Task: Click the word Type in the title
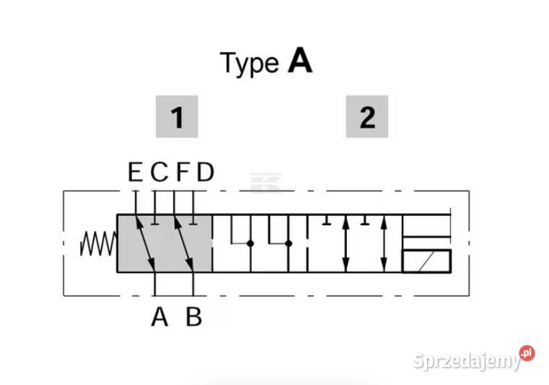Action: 249,64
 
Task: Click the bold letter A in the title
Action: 300,62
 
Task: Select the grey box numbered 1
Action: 177,116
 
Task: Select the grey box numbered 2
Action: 367,116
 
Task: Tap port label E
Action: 135,173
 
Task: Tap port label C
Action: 159,173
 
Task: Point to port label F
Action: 183,173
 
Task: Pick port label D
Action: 206,173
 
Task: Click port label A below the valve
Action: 159,316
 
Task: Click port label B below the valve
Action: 194,316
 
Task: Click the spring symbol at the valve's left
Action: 97,243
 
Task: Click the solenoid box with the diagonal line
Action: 426,261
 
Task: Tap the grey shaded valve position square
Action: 164,243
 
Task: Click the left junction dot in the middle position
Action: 250,243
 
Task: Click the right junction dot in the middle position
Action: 288,243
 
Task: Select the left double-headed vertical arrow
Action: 347,243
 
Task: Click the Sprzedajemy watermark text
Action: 467,360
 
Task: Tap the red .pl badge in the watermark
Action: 527,353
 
